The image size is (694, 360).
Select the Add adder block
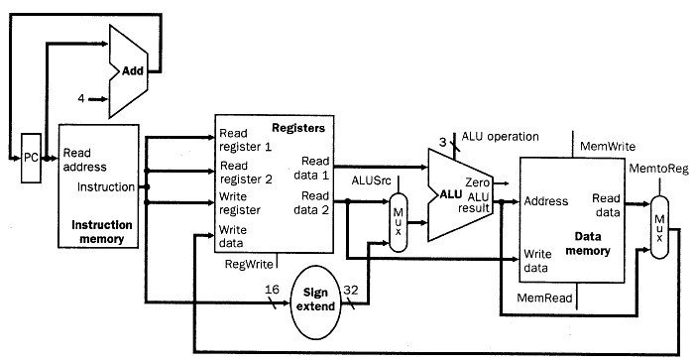pos(130,72)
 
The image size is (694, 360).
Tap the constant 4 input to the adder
pos(81,98)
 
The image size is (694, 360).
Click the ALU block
pos(455,193)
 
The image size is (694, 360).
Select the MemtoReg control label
pos(657,170)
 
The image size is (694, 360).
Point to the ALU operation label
pos(500,136)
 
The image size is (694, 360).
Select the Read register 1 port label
pos(246,140)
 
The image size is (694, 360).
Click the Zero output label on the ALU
pos(480,183)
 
